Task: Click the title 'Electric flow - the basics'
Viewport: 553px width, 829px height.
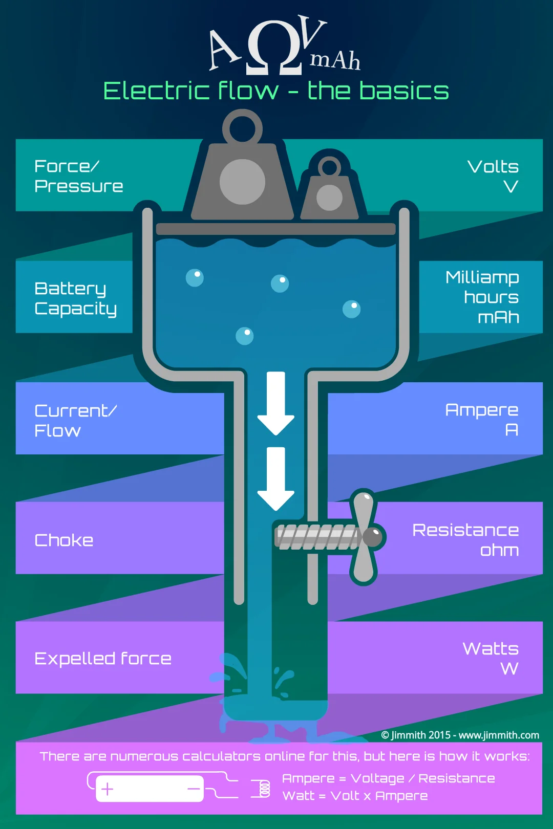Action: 276,91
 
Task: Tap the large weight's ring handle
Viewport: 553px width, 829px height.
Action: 242,128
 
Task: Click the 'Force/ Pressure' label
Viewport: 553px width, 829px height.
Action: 78,176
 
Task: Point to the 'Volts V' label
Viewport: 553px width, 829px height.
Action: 493,176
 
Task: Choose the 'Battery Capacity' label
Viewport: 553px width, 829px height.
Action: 75,298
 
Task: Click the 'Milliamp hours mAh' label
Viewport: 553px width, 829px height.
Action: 482,297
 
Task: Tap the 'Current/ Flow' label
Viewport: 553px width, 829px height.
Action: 75,421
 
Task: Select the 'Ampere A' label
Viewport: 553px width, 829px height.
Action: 482,419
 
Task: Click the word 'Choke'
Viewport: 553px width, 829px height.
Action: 64,540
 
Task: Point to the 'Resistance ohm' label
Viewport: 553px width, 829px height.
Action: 465,540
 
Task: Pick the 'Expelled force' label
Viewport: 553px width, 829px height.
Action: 103,659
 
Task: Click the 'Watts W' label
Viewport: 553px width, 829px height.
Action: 491,658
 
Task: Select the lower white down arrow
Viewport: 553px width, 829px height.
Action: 276,478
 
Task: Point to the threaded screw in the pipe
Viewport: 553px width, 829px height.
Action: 316,537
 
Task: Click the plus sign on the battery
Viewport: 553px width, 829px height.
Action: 108,789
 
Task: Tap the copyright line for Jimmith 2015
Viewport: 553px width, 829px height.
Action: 460,735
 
